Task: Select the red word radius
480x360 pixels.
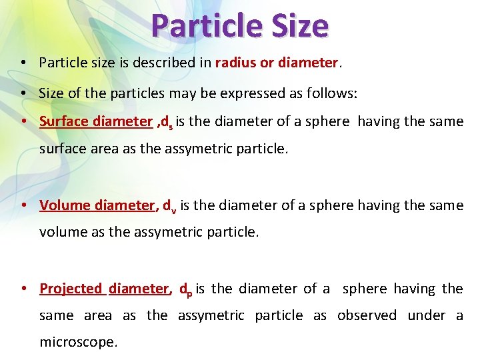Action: [x=236, y=63]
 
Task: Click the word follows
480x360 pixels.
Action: [x=333, y=94]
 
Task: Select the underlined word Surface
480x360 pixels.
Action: [x=64, y=121]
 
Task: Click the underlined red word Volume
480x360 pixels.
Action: [x=64, y=205]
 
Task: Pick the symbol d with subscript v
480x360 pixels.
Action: [x=169, y=206]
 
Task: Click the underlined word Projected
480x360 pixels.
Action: [x=71, y=289]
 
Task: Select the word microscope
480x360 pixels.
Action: [x=78, y=342]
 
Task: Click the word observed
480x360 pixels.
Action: [x=367, y=315]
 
